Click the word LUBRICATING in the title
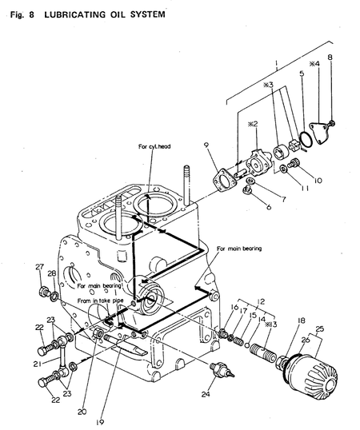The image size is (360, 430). tap(74, 14)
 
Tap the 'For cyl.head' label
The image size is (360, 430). tap(154, 146)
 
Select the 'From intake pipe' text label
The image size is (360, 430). tap(100, 301)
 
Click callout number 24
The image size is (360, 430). tap(206, 394)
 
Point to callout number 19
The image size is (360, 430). tap(100, 422)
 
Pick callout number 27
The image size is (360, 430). tap(39, 267)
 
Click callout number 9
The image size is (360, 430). tap(206, 145)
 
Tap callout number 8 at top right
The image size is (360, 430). tap(330, 57)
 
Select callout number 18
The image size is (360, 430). tap(301, 321)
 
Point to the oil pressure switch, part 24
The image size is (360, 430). tap(222, 369)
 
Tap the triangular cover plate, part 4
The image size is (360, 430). tap(320, 133)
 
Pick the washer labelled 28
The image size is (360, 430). tap(54, 296)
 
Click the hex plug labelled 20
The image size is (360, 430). tap(98, 333)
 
